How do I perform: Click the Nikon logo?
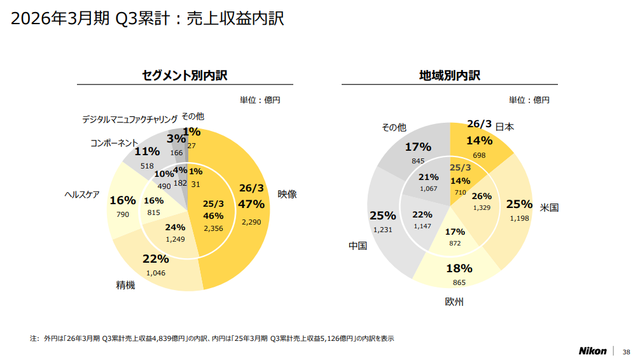[x=592, y=351]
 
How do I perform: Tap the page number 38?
[x=626, y=352]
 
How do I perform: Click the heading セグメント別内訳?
[x=184, y=76]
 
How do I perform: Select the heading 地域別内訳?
[x=449, y=76]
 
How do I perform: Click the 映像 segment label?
[x=287, y=194]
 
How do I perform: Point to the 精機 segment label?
[x=125, y=285]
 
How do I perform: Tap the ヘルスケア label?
[x=82, y=195]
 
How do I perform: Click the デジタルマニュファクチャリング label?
[x=130, y=119]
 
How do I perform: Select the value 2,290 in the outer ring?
[x=251, y=221]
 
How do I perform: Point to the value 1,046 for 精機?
[x=156, y=273]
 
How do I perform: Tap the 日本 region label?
[x=504, y=127]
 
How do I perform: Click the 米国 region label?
[x=549, y=207]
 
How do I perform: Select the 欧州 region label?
[x=454, y=301]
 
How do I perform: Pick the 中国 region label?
[x=358, y=246]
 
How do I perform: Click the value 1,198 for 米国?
[x=519, y=218]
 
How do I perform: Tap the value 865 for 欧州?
[x=459, y=282]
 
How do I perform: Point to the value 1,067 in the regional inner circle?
[x=429, y=189]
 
